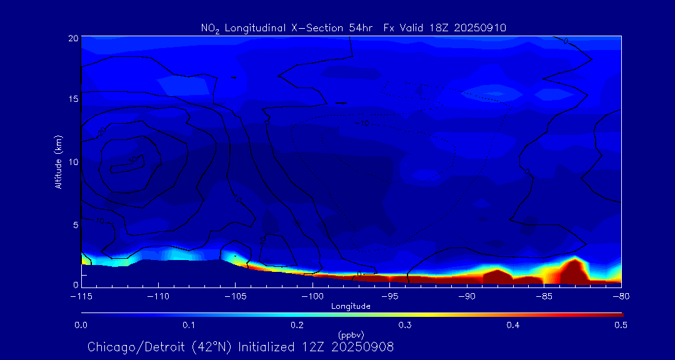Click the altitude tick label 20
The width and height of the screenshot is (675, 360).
73,38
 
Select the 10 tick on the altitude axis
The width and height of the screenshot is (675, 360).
73,162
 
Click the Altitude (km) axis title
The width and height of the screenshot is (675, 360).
59,162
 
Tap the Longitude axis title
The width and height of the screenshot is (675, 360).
351,306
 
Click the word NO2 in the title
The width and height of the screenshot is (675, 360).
210,28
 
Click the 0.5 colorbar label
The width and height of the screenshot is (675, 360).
621,325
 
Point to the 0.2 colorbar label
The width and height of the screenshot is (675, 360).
297,325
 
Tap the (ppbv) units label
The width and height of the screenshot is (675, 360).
351,334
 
